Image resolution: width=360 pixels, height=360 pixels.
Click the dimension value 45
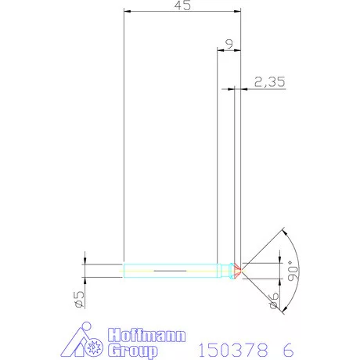point(182,5)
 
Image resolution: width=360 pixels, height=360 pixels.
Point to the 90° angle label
point(293,272)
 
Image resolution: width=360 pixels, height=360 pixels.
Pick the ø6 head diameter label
point(274,299)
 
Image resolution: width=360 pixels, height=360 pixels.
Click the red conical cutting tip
point(236,271)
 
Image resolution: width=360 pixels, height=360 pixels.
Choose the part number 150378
point(228,349)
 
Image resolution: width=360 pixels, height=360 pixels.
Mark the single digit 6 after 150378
point(290,349)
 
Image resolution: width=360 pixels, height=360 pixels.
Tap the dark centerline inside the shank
point(168,271)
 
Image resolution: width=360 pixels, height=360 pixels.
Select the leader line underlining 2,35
point(270,88)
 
